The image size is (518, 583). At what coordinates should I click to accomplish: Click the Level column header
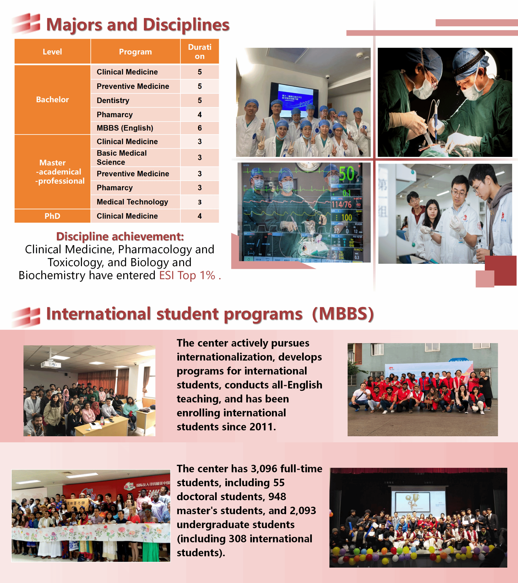point(52,52)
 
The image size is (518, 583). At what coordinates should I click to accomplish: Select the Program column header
point(135,52)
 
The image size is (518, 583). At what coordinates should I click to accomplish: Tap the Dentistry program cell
point(113,100)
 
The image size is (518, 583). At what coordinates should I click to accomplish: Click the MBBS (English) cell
point(125,128)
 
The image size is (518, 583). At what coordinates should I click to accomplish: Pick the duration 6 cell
point(200,128)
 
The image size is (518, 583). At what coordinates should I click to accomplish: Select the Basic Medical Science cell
point(122,157)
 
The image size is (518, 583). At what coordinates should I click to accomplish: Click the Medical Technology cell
point(132,202)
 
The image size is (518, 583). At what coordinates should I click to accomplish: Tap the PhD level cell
point(52,216)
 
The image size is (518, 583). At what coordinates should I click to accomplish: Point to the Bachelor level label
point(52,99)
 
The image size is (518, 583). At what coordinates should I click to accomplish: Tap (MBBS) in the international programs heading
point(343,314)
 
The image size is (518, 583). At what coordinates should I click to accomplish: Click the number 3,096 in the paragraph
point(264,469)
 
